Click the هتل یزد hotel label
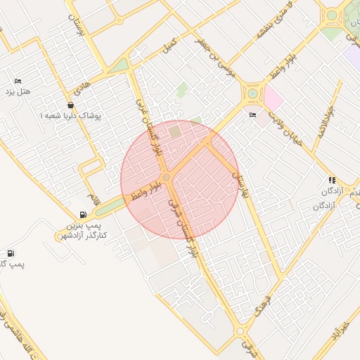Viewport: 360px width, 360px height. pos(20,92)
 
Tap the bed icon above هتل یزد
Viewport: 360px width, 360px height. pos(18,81)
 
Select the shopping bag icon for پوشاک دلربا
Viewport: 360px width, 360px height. pos(71,105)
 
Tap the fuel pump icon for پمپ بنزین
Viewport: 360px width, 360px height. pos(84,215)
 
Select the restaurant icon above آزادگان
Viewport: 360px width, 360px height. pos(331,180)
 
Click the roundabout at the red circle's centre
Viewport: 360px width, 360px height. pos(167,177)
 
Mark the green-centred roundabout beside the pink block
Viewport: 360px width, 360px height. pos(252,93)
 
